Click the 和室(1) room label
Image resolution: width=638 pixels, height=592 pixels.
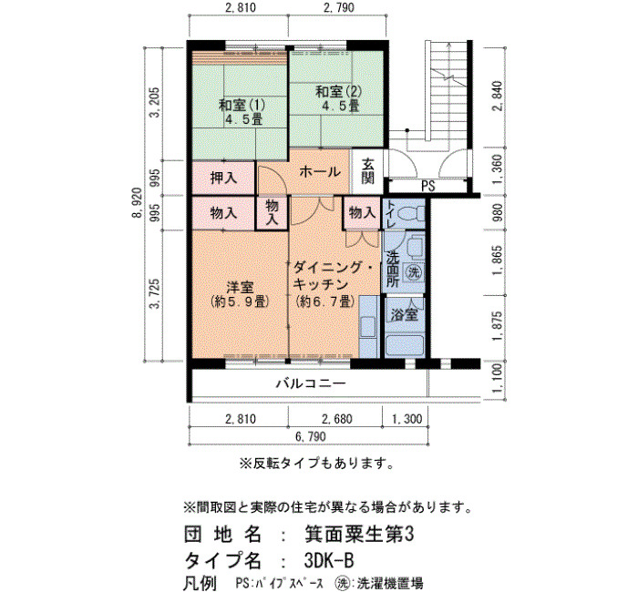(242, 106)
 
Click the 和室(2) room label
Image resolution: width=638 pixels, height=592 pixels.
(338, 91)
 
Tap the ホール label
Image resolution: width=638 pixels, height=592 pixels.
(320, 172)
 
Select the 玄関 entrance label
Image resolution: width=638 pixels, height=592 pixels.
(368, 171)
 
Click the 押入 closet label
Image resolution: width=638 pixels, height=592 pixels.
(223, 178)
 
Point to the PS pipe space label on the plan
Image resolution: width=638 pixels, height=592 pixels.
(427, 186)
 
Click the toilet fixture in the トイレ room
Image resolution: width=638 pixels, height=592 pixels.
(410, 213)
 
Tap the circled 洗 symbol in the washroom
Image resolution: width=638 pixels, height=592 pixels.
(414, 271)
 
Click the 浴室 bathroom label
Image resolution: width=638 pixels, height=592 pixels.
(405, 314)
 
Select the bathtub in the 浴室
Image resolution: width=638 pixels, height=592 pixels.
(405, 345)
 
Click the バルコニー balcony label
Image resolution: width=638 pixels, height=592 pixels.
(312, 383)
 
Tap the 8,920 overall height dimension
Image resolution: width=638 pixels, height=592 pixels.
(139, 203)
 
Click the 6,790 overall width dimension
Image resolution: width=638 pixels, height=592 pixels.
(311, 436)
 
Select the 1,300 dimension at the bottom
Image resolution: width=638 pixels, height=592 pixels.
(406, 419)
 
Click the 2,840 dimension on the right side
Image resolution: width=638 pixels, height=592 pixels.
(498, 97)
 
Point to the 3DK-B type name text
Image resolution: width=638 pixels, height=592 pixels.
(329, 561)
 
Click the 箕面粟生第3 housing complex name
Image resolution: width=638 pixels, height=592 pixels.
(359, 535)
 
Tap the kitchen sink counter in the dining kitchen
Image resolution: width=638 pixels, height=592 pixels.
(368, 326)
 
